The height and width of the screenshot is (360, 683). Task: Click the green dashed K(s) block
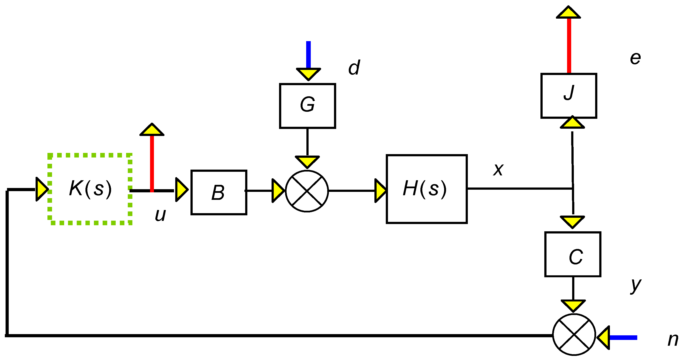pyautogui.click(x=90, y=189)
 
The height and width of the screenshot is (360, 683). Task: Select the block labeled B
pyautogui.click(x=219, y=192)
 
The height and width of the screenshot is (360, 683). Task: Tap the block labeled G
pyautogui.click(x=307, y=106)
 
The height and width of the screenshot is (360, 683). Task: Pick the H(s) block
pyautogui.click(x=426, y=189)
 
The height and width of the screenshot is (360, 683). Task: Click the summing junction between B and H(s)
pyautogui.click(x=307, y=191)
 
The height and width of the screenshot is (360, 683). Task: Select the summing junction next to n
pyautogui.click(x=574, y=335)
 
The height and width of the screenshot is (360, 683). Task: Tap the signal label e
pyautogui.click(x=635, y=58)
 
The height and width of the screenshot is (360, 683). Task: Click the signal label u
pyautogui.click(x=160, y=215)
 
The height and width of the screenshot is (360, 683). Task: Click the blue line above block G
pyautogui.click(x=308, y=54)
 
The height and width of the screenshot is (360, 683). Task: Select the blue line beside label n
pyautogui.click(x=623, y=337)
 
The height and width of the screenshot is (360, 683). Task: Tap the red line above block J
pyautogui.click(x=569, y=45)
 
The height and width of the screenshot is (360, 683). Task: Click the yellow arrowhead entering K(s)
pyautogui.click(x=42, y=189)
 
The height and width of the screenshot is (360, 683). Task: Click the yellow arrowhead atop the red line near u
pyautogui.click(x=152, y=130)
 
